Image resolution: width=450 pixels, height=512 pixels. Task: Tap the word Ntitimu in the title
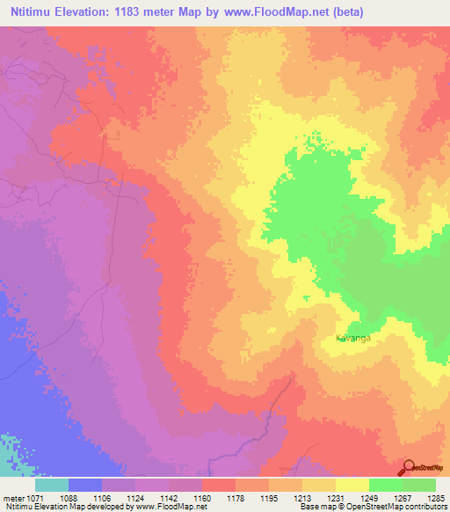tap(35, 11)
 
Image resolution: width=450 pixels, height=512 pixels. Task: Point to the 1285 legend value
tap(436, 497)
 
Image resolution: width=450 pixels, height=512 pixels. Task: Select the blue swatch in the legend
tap(85, 485)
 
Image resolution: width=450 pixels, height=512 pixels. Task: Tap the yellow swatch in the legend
tap(352, 485)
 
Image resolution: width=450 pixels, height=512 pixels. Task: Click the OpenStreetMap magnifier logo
tap(410, 468)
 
